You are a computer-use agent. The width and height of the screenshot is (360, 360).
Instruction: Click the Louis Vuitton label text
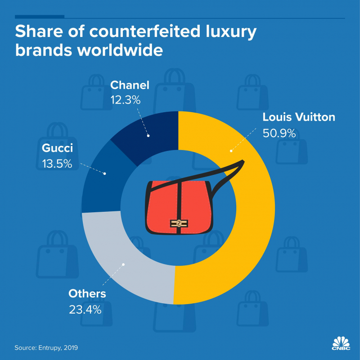299,118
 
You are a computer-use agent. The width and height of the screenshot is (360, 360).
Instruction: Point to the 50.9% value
279,133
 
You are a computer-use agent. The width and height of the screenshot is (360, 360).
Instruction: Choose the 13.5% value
54,164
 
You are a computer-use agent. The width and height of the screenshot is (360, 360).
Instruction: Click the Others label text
87,294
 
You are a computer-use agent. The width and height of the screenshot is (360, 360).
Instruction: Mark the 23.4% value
85,310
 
